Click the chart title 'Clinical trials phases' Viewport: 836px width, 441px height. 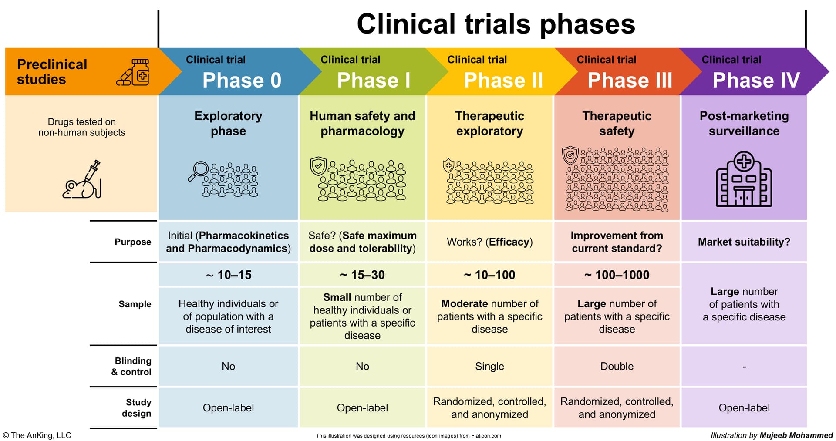click(x=496, y=24)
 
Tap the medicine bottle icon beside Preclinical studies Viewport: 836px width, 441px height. click(x=134, y=72)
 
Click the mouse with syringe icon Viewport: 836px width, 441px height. click(x=82, y=179)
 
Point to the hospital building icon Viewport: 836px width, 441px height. click(x=744, y=179)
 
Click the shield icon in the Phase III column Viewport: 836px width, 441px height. click(x=570, y=155)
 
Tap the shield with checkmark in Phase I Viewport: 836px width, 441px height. click(x=318, y=166)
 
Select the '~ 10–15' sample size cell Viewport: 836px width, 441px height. click(x=229, y=275)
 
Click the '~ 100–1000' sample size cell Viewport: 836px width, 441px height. click(x=617, y=275)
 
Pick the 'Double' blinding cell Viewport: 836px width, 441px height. click(x=617, y=366)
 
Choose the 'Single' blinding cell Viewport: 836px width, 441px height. click(x=490, y=366)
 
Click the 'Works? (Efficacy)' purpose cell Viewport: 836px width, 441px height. click(x=490, y=242)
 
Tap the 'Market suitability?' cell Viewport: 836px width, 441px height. click(x=744, y=242)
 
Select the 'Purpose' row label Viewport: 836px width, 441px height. click(x=133, y=242)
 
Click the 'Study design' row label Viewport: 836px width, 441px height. click(x=137, y=408)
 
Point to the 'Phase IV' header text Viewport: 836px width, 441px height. click(x=756, y=80)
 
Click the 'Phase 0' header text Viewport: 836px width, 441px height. click(x=242, y=80)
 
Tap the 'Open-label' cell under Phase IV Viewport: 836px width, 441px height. click(x=744, y=408)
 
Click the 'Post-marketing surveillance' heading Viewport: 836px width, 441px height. click(x=744, y=123)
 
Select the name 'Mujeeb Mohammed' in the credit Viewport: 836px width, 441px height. click(x=796, y=435)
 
